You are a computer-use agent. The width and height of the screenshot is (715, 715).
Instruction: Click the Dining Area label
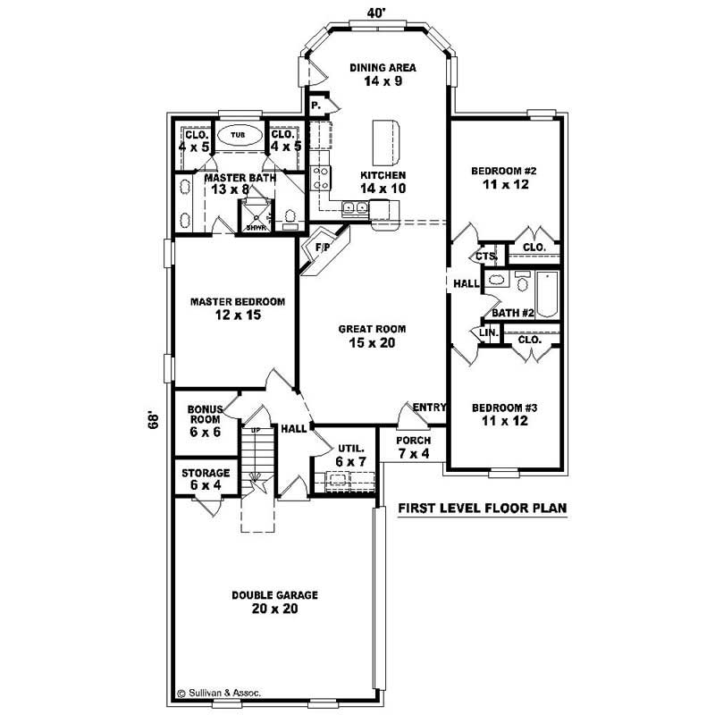click(382, 73)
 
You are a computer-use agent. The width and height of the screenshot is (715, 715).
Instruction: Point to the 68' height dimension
click(155, 419)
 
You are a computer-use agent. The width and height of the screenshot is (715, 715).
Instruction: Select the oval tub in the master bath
click(238, 135)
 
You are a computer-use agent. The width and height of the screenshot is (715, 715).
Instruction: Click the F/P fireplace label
click(323, 247)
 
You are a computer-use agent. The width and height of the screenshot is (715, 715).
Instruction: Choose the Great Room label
click(366, 335)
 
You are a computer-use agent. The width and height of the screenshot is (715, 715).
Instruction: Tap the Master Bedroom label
click(238, 308)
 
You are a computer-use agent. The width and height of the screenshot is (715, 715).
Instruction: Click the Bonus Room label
click(205, 419)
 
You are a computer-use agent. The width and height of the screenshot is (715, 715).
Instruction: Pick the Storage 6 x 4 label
click(206, 478)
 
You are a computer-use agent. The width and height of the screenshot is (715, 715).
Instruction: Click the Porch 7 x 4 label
click(413, 447)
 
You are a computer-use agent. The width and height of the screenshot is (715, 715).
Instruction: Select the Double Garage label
click(275, 601)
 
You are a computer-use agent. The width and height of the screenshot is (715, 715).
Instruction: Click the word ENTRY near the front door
click(429, 408)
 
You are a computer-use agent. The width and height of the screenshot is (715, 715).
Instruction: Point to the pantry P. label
click(315, 105)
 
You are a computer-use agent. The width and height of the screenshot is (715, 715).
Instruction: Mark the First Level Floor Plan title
click(483, 509)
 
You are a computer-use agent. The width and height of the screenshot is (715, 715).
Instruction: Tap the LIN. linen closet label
click(488, 332)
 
